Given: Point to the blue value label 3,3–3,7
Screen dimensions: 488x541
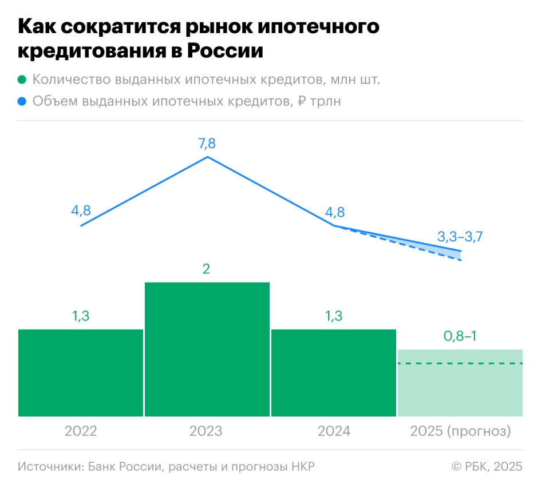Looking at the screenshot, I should [x=460, y=236].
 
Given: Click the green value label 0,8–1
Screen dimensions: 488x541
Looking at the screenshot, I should [x=460, y=336].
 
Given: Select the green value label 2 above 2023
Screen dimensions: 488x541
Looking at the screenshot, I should [x=207, y=269].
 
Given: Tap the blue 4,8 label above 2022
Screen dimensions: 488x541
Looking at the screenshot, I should [x=81, y=211].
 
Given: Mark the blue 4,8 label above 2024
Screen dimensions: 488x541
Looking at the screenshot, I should [x=334, y=212].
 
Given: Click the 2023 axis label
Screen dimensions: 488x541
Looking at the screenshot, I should [x=206, y=431].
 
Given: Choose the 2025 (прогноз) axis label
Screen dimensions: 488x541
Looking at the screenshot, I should [x=460, y=431].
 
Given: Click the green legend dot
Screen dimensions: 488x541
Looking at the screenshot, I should [x=22, y=80].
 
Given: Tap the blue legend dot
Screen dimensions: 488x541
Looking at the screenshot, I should [x=22, y=102].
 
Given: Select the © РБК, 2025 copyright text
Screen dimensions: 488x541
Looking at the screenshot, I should [x=487, y=466].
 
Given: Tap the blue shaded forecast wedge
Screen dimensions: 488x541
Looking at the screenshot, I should [x=447, y=250].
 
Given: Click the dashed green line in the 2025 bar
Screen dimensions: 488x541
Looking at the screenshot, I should [x=460, y=363].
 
